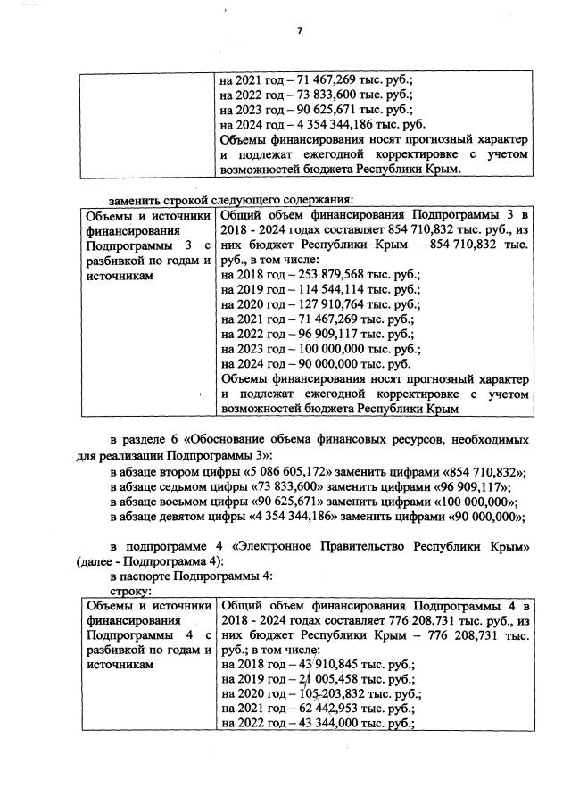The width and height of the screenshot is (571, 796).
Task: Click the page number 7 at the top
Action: (x=301, y=31)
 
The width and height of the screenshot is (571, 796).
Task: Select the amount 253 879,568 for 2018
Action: (x=324, y=275)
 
